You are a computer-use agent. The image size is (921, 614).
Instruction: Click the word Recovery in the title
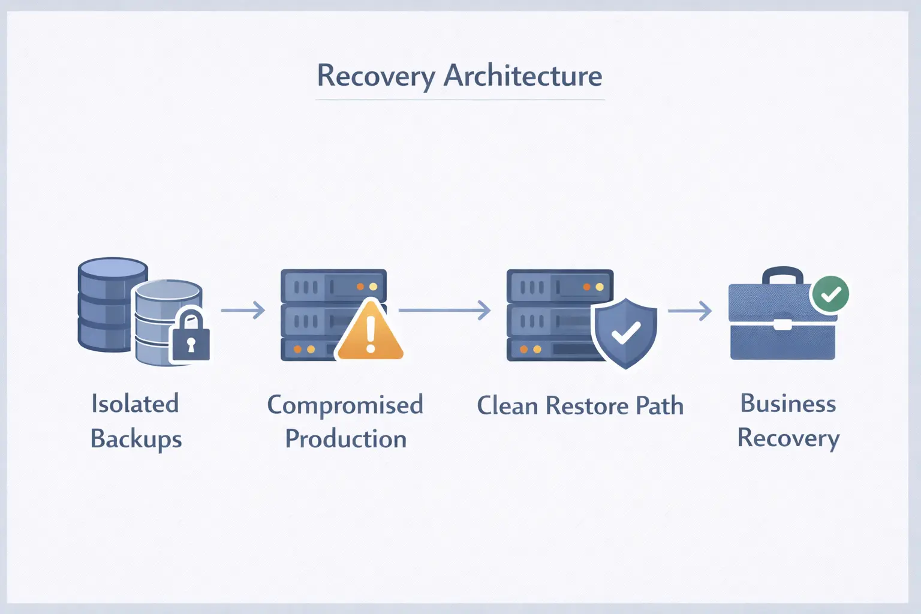click(376, 77)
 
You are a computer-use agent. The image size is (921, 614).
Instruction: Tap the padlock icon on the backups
click(191, 336)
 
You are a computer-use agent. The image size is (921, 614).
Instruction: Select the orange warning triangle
click(370, 330)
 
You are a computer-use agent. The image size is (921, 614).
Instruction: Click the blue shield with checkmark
click(625, 333)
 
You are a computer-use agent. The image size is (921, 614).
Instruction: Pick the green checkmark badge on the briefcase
click(830, 294)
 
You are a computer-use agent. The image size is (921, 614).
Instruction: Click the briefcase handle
click(782, 276)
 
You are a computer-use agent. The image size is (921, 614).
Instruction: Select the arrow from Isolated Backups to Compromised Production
click(243, 310)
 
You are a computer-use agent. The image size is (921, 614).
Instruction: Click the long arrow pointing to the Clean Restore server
click(444, 310)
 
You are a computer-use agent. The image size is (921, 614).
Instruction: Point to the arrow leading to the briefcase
click(690, 311)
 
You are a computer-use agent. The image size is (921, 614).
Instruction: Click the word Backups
click(136, 439)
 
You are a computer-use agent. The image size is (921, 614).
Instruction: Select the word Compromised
click(345, 405)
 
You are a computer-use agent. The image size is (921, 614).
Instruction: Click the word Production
click(346, 438)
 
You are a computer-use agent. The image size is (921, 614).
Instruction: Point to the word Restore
click(588, 406)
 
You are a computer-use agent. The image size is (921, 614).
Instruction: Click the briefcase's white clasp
click(782, 324)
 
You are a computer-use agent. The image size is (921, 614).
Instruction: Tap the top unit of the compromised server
click(333, 286)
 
